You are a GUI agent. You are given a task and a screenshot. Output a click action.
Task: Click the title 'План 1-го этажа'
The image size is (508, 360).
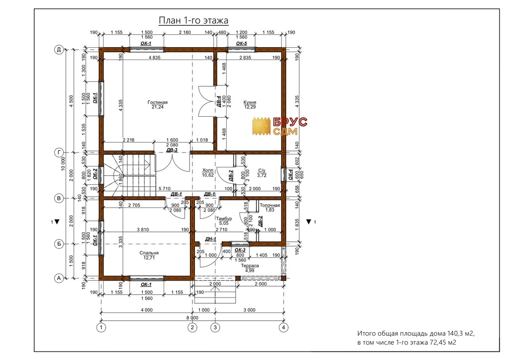(193, 20)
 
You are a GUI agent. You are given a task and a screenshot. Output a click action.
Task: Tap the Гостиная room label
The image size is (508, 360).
(157, 102)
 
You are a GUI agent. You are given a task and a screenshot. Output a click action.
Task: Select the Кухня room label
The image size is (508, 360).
(250, 102)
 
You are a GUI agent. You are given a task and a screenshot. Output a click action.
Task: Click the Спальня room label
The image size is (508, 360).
(149, 253)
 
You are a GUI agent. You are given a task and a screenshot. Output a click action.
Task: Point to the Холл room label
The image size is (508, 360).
(208, 170)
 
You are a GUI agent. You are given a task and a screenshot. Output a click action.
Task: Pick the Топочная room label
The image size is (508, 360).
(269, 205)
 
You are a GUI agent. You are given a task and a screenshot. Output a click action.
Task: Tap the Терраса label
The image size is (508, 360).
(250, 266)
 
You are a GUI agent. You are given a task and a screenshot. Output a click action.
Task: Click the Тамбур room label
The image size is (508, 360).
(224, 218)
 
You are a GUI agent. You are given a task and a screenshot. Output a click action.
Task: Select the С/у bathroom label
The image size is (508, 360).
(262, 170)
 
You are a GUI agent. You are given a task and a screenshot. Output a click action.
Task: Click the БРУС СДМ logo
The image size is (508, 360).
(280, 126)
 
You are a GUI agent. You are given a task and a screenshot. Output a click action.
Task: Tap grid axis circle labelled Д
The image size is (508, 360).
(59, 50)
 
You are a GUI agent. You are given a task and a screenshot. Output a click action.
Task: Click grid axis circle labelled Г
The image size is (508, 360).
(59, 152)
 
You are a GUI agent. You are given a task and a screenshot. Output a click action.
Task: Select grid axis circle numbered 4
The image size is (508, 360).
(283, 328)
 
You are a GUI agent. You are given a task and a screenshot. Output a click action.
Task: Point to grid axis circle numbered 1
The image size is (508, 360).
(101, 328)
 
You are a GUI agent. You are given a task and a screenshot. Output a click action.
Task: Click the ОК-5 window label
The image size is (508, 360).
(242, 43)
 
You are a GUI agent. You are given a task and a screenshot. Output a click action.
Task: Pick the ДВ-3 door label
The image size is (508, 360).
(172, 150)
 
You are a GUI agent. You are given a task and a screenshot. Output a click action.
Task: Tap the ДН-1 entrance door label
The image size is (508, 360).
(210, 239)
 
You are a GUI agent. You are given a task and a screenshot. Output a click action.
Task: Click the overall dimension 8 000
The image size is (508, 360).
(192, 318)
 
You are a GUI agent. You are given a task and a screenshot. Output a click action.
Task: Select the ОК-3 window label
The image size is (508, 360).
(240, 250)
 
